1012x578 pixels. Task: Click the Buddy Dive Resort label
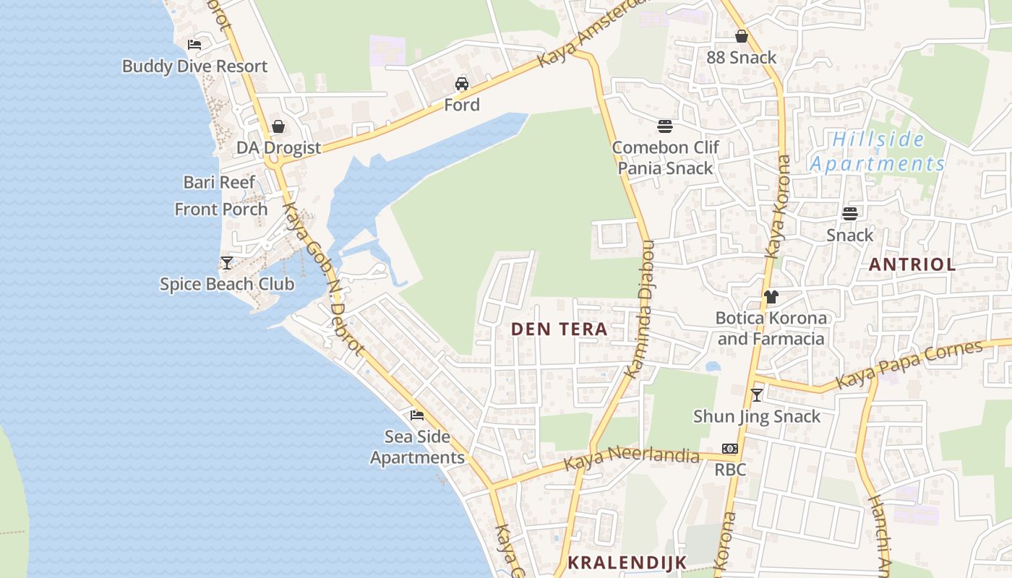click(x=194, y=66)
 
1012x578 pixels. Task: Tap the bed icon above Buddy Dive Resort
click(x=194, y=44)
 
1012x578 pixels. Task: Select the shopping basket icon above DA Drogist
click(x=278, y=126)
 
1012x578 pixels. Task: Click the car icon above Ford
click(x=461, y=84)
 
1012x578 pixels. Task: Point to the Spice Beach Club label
click(x=227, y=284)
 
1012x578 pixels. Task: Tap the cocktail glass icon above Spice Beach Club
click(x=227, y=262)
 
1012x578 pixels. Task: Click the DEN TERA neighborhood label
click(x=559, y=329)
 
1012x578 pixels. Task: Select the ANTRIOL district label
click(x=912, y=264)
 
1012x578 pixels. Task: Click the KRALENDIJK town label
click(x=626, y=562)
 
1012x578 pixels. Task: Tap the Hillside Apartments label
click(x=878, y=152)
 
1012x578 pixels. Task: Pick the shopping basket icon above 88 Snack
click(x=741, y=36)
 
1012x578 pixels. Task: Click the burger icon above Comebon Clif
click(x=665, y=126)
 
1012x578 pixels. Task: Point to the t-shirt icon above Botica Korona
click(x=771, y=296)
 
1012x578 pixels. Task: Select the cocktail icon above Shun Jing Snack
click(x=756, y=394)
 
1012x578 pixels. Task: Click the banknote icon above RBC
click(x=729, y=449)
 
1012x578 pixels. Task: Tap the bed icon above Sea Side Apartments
click(x=417, y=415)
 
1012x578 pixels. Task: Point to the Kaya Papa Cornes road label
click(x=909, y=364)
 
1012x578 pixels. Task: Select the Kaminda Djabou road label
click(x=640, y=309)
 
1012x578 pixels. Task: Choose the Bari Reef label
click(x=219, y=182)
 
